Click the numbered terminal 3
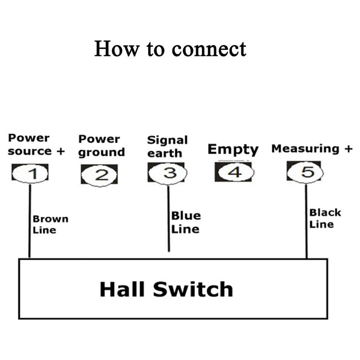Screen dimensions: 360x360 167,173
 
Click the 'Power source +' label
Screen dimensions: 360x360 36,144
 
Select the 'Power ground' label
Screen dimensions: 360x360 102,145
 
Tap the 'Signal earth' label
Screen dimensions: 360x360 167,146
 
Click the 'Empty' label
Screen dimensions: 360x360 233,149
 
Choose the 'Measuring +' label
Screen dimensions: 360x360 312,149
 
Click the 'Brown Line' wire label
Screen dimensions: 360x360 50,224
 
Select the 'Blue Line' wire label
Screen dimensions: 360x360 186,222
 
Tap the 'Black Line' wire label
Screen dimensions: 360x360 325,218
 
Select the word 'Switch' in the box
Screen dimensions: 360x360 193,289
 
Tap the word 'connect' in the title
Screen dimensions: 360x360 209,49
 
